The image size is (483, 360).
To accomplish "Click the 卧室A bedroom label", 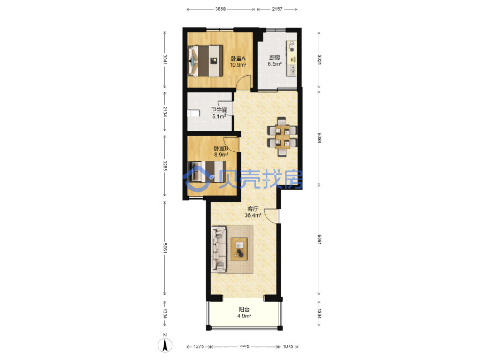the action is click(x=238, y=58).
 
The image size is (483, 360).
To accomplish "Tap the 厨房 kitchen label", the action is click(x=275, y=58).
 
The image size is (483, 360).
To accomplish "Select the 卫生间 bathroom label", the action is click(x=219, y=110).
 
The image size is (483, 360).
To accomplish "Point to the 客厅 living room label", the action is click(x=253, y=209).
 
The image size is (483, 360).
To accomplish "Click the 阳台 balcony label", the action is click(x=244, y=310).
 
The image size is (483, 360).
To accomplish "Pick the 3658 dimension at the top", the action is click(x=220, y=9).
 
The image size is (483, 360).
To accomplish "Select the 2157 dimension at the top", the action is click(x=277, y=9).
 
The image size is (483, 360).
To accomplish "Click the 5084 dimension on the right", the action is click(x=319, y=138).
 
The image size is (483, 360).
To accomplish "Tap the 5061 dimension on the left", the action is click(x=165, y=248).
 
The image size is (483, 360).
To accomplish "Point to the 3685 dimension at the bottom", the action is click(x=244, y=346).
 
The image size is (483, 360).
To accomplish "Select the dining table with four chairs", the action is click(x=282, y=137).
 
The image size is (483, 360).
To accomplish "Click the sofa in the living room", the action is click(x=218, y=250).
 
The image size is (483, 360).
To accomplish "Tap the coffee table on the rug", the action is click(x=239, y=249).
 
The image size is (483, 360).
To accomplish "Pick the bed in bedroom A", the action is click(x=205, y=61).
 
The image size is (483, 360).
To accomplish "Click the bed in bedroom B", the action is click(x=208, y=172).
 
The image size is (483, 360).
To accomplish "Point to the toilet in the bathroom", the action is click(x=194, y=113).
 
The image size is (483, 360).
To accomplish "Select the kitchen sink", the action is click(x=291, y=70).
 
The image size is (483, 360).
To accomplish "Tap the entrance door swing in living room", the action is click(x=271, y=215).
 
